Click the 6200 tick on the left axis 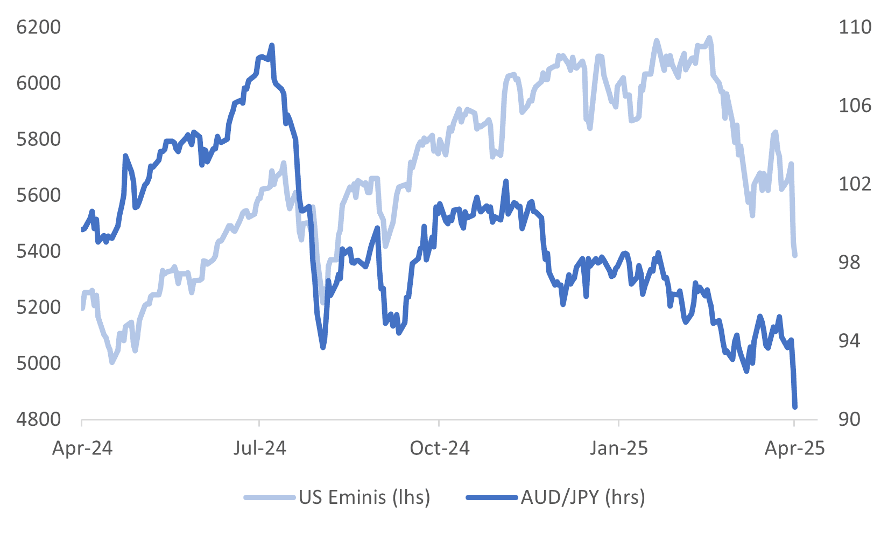[x=39, y=27]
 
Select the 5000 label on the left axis [x=39, y=363]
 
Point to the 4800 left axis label [x=39, y=419]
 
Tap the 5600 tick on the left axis [x=39, y=195]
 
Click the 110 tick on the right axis [x=855, y=27]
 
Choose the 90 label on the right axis [x=849, y=419]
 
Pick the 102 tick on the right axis [x=855, y=184]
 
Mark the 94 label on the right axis [x=849, y=341]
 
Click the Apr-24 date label [x=82, y=448]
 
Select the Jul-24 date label [x=260, y=448]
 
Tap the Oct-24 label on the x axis [x=439, y=448]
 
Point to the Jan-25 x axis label [x=619, y=448]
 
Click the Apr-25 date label [x=794, y=448]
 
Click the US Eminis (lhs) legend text [x=364, y=497]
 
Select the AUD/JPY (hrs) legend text [x=583, y=497]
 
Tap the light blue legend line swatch [x=270, y=497]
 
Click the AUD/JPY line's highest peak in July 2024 [x=272, y=46]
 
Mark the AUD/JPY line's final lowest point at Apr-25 [x=795, y=407]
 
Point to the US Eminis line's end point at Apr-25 [x=795, y=255]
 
